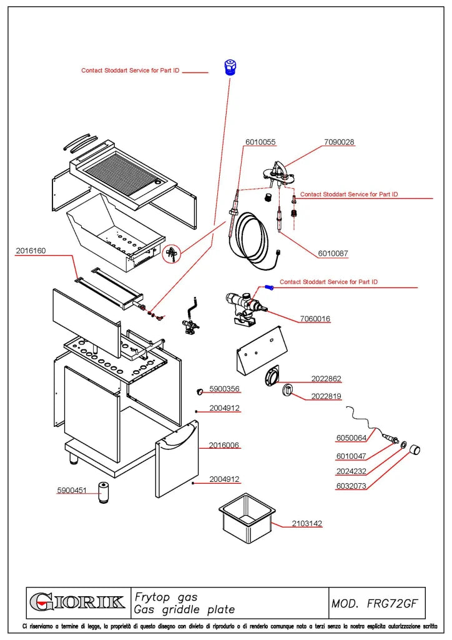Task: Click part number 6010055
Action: click(260, 142)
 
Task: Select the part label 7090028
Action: click(339, 142)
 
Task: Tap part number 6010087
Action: click(333, 254)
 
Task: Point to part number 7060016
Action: click(315, 319)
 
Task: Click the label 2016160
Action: click(31, 251)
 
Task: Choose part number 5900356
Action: click(224, 389)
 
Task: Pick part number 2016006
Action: click(224, 445)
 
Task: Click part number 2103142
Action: click(307, 523)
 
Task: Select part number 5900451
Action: click(72, 490)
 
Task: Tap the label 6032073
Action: click(351, 486)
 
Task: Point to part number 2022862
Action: click(326, 379)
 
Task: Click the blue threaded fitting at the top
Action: click(231, 67)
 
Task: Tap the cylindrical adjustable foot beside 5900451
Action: click(104, 492)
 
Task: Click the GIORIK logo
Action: click(77, 602)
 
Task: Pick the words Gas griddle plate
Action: click(185, 610)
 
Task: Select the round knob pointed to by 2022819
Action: click(287, 390)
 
